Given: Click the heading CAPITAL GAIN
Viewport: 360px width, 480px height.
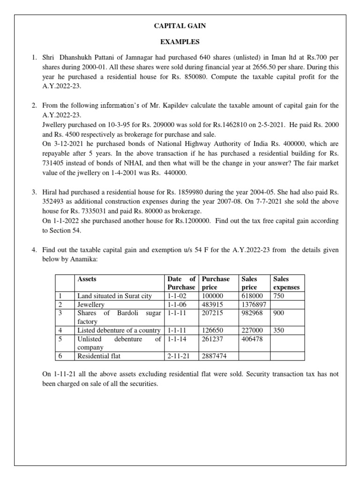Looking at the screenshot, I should point(180,26).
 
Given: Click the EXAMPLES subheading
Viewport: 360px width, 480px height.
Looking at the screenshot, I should point(180,42).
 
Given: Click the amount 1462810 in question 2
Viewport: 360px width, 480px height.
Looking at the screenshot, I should point(230,125).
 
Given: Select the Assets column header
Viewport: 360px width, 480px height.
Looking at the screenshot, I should point(87,279).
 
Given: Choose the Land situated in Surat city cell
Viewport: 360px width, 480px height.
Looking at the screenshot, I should point(115,296).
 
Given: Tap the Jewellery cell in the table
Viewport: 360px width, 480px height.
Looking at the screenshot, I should point(91,305).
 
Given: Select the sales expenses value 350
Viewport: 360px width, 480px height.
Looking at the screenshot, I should point(278,330).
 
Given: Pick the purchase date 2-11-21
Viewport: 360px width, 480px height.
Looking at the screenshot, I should point(177,356).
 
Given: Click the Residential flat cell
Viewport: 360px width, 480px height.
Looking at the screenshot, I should point(99,356).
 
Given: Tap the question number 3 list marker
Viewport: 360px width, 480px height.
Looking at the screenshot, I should point(34,192).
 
